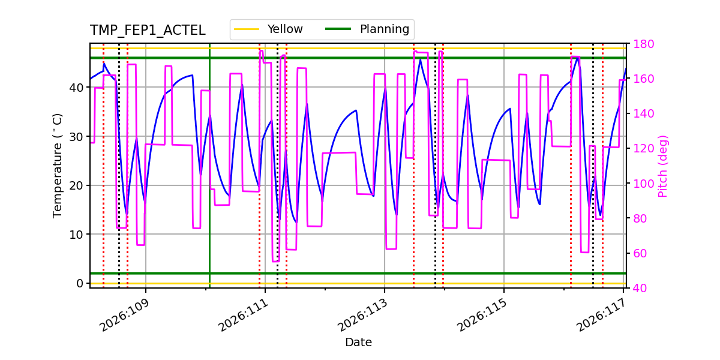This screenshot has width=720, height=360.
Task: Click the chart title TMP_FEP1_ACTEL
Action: [x=148, y=31]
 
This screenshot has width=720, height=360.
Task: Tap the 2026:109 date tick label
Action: [x=123, y=316]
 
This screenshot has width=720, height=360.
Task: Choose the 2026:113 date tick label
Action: [x=362, y=316]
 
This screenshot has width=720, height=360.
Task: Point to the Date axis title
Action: [x=358, y=343]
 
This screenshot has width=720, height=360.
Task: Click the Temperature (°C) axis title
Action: [x=58, y=165]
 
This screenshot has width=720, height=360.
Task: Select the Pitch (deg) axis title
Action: [x=663, y=166]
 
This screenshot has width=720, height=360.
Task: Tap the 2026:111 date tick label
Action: [x=242, y=316]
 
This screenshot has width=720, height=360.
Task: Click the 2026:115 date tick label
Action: [x=481, y=316]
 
